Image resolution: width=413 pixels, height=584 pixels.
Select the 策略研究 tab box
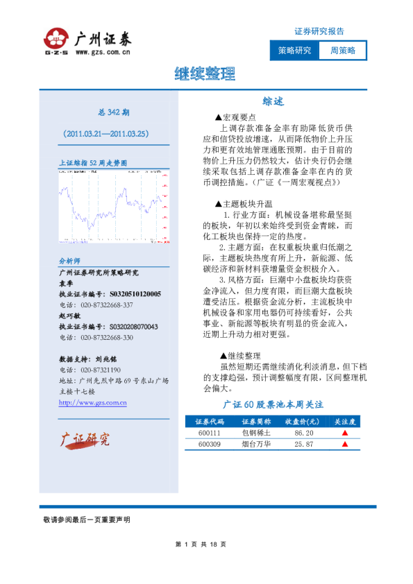[294, 51]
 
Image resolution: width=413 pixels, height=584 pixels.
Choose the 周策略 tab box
[342, 51]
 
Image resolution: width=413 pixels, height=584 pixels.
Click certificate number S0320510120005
[135, 294]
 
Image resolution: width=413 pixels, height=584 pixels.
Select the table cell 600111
[209, 432]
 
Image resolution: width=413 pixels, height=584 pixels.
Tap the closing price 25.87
[304, 444]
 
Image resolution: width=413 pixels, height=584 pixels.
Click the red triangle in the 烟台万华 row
[345, 444]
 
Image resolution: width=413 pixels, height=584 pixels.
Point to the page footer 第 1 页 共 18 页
[201, 544]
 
